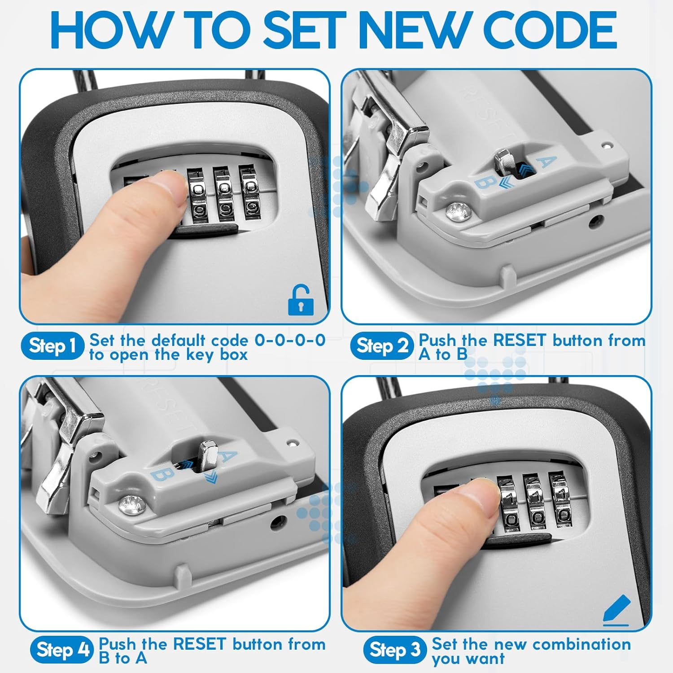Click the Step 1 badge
(x=52, y=346)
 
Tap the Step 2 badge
(x=382, y=346)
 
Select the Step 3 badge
(x=394, y=650)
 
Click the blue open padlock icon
(x=300, y=300)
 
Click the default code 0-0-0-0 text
(x=290, y=340)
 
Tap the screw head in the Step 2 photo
(x=459, y=211)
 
